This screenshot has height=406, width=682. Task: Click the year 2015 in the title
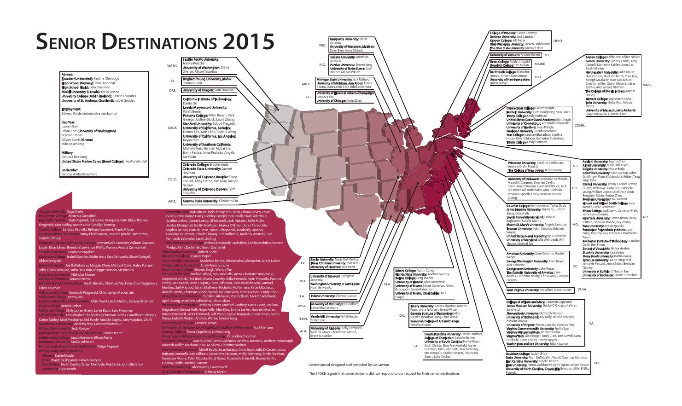tap(249, 42)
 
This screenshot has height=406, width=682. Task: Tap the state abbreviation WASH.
tap(172, 66)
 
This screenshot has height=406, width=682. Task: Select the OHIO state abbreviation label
tap(557, 41)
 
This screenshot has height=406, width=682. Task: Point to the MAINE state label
tap(540, 64)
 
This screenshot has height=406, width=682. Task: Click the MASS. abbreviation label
tap(647, 85)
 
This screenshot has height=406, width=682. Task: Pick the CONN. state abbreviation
tap(580, 125)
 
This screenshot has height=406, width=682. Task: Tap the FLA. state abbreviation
tap(387, 284)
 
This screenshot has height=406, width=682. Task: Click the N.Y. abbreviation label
tap(645, 217)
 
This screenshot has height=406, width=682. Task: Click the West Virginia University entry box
tap(539, 290)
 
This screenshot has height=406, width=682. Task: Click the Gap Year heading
tap(69, 122)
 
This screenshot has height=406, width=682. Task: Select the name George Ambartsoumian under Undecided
tap(80, 174)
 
